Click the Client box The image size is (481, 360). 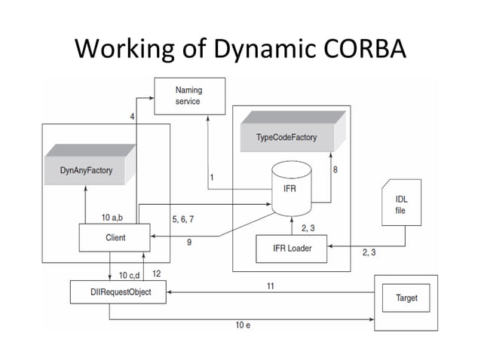pyautogui.click(x=112, y=238)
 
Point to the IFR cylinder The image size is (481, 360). pyautogui.click(x=290, y=188)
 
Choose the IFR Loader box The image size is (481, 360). pyautogui.click(x=292, y=248)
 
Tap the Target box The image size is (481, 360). pyautogui.click(x=406, y=298)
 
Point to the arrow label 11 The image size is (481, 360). pyautogui.click(x=269, y=285)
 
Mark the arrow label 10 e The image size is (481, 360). pyautogui.click(x=243, y=325)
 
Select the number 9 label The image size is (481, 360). pyautogui.click(x=188, y=242)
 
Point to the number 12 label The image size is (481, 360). pyautogui.click(x=156, y=273)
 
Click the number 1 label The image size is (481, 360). pyautogui.click(x=212, y=177)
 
